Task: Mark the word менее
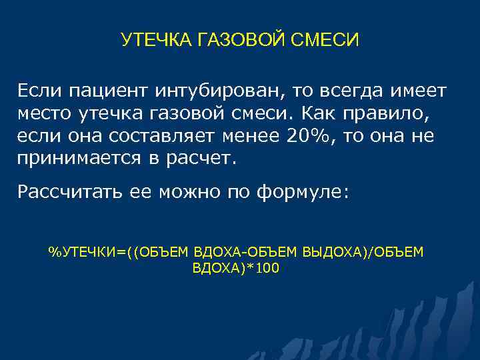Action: pyautogui.click(x=254, y=136)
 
